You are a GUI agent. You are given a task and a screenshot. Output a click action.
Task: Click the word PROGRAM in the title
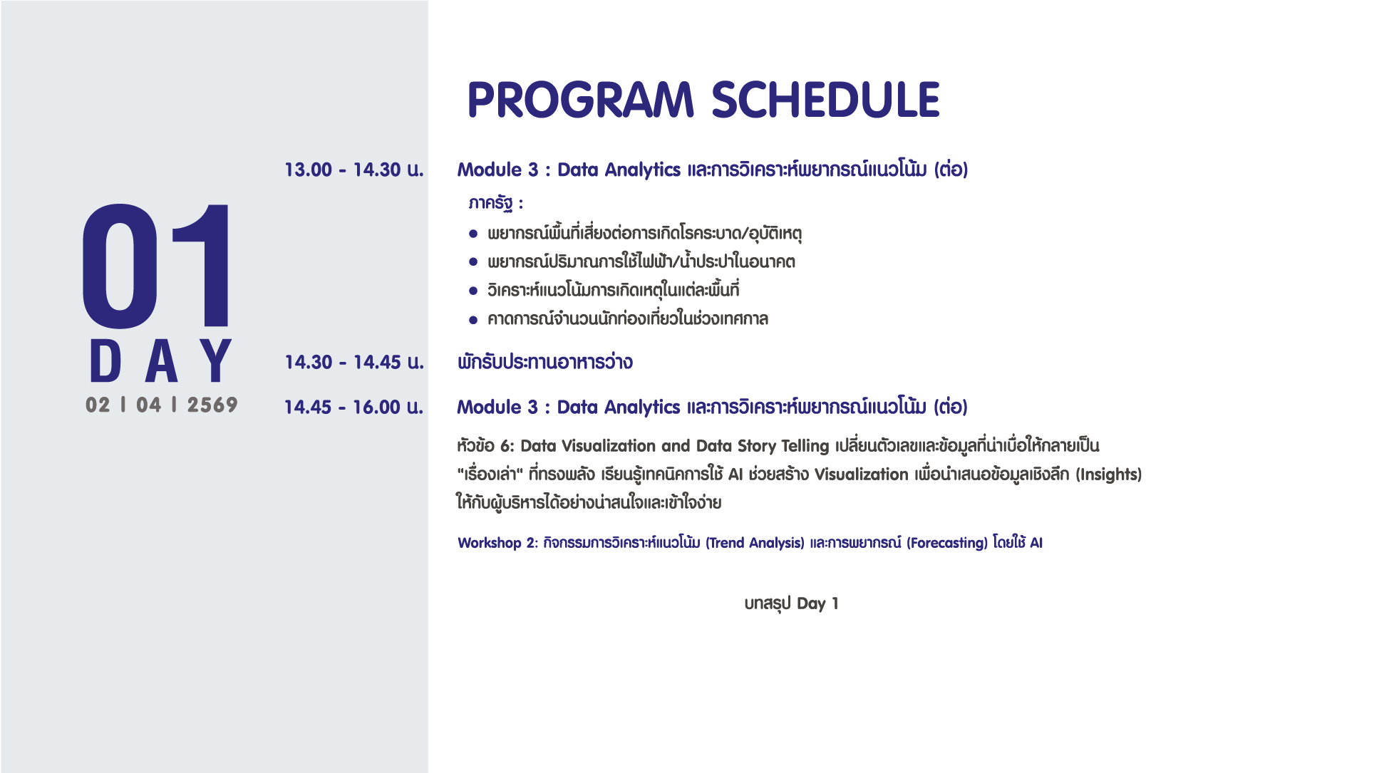coord(581,100)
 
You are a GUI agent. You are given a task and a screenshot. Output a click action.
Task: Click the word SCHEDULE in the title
coord(826,100)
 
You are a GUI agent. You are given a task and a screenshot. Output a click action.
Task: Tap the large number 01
coord(157,266)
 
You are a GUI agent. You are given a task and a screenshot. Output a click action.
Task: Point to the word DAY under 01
coord(161,360)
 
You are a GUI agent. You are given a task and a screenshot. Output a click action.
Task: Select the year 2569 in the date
coord(212,405)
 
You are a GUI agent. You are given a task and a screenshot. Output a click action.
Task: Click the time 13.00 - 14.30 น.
coord(354,170)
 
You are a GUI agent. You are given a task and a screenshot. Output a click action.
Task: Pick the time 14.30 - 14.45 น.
coord(354,362)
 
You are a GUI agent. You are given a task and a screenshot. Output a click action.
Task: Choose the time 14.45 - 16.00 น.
coord(354,407)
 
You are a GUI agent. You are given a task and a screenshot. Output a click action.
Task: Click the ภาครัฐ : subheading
coord(496,204)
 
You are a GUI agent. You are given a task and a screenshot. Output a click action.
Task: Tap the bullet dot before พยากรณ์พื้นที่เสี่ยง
coord(473,234)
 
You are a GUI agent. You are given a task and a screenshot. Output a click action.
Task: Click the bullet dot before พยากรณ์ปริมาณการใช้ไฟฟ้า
coord(473,262)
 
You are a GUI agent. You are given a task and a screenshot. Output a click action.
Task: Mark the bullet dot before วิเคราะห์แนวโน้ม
coord(473,291)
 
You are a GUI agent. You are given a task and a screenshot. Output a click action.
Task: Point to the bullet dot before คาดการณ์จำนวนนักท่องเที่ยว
coord(473,320)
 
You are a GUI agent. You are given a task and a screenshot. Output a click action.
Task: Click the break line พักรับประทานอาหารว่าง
coord(545,362)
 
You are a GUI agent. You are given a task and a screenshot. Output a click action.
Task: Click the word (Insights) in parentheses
coord(1109,474)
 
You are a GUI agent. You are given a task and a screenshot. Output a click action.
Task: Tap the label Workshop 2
coord(497,543)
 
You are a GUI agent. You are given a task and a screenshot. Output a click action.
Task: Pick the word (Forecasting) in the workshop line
coord(947,543)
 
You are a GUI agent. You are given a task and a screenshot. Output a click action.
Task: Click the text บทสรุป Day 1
coord(792,603)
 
